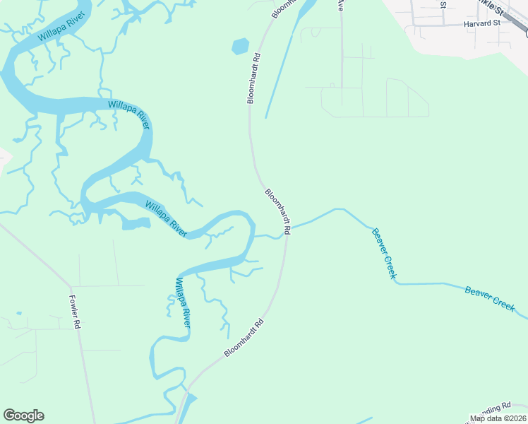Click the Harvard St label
pos(481,23)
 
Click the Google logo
pos(23,416)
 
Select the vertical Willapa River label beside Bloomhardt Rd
pos(183,302)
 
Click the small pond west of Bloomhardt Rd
pos(240,47)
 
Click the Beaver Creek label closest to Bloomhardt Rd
pos(384,253)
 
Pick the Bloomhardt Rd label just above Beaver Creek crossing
pos(278,211)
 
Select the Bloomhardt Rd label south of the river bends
pos(244,338)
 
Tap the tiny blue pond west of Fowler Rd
pos(18,314)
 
